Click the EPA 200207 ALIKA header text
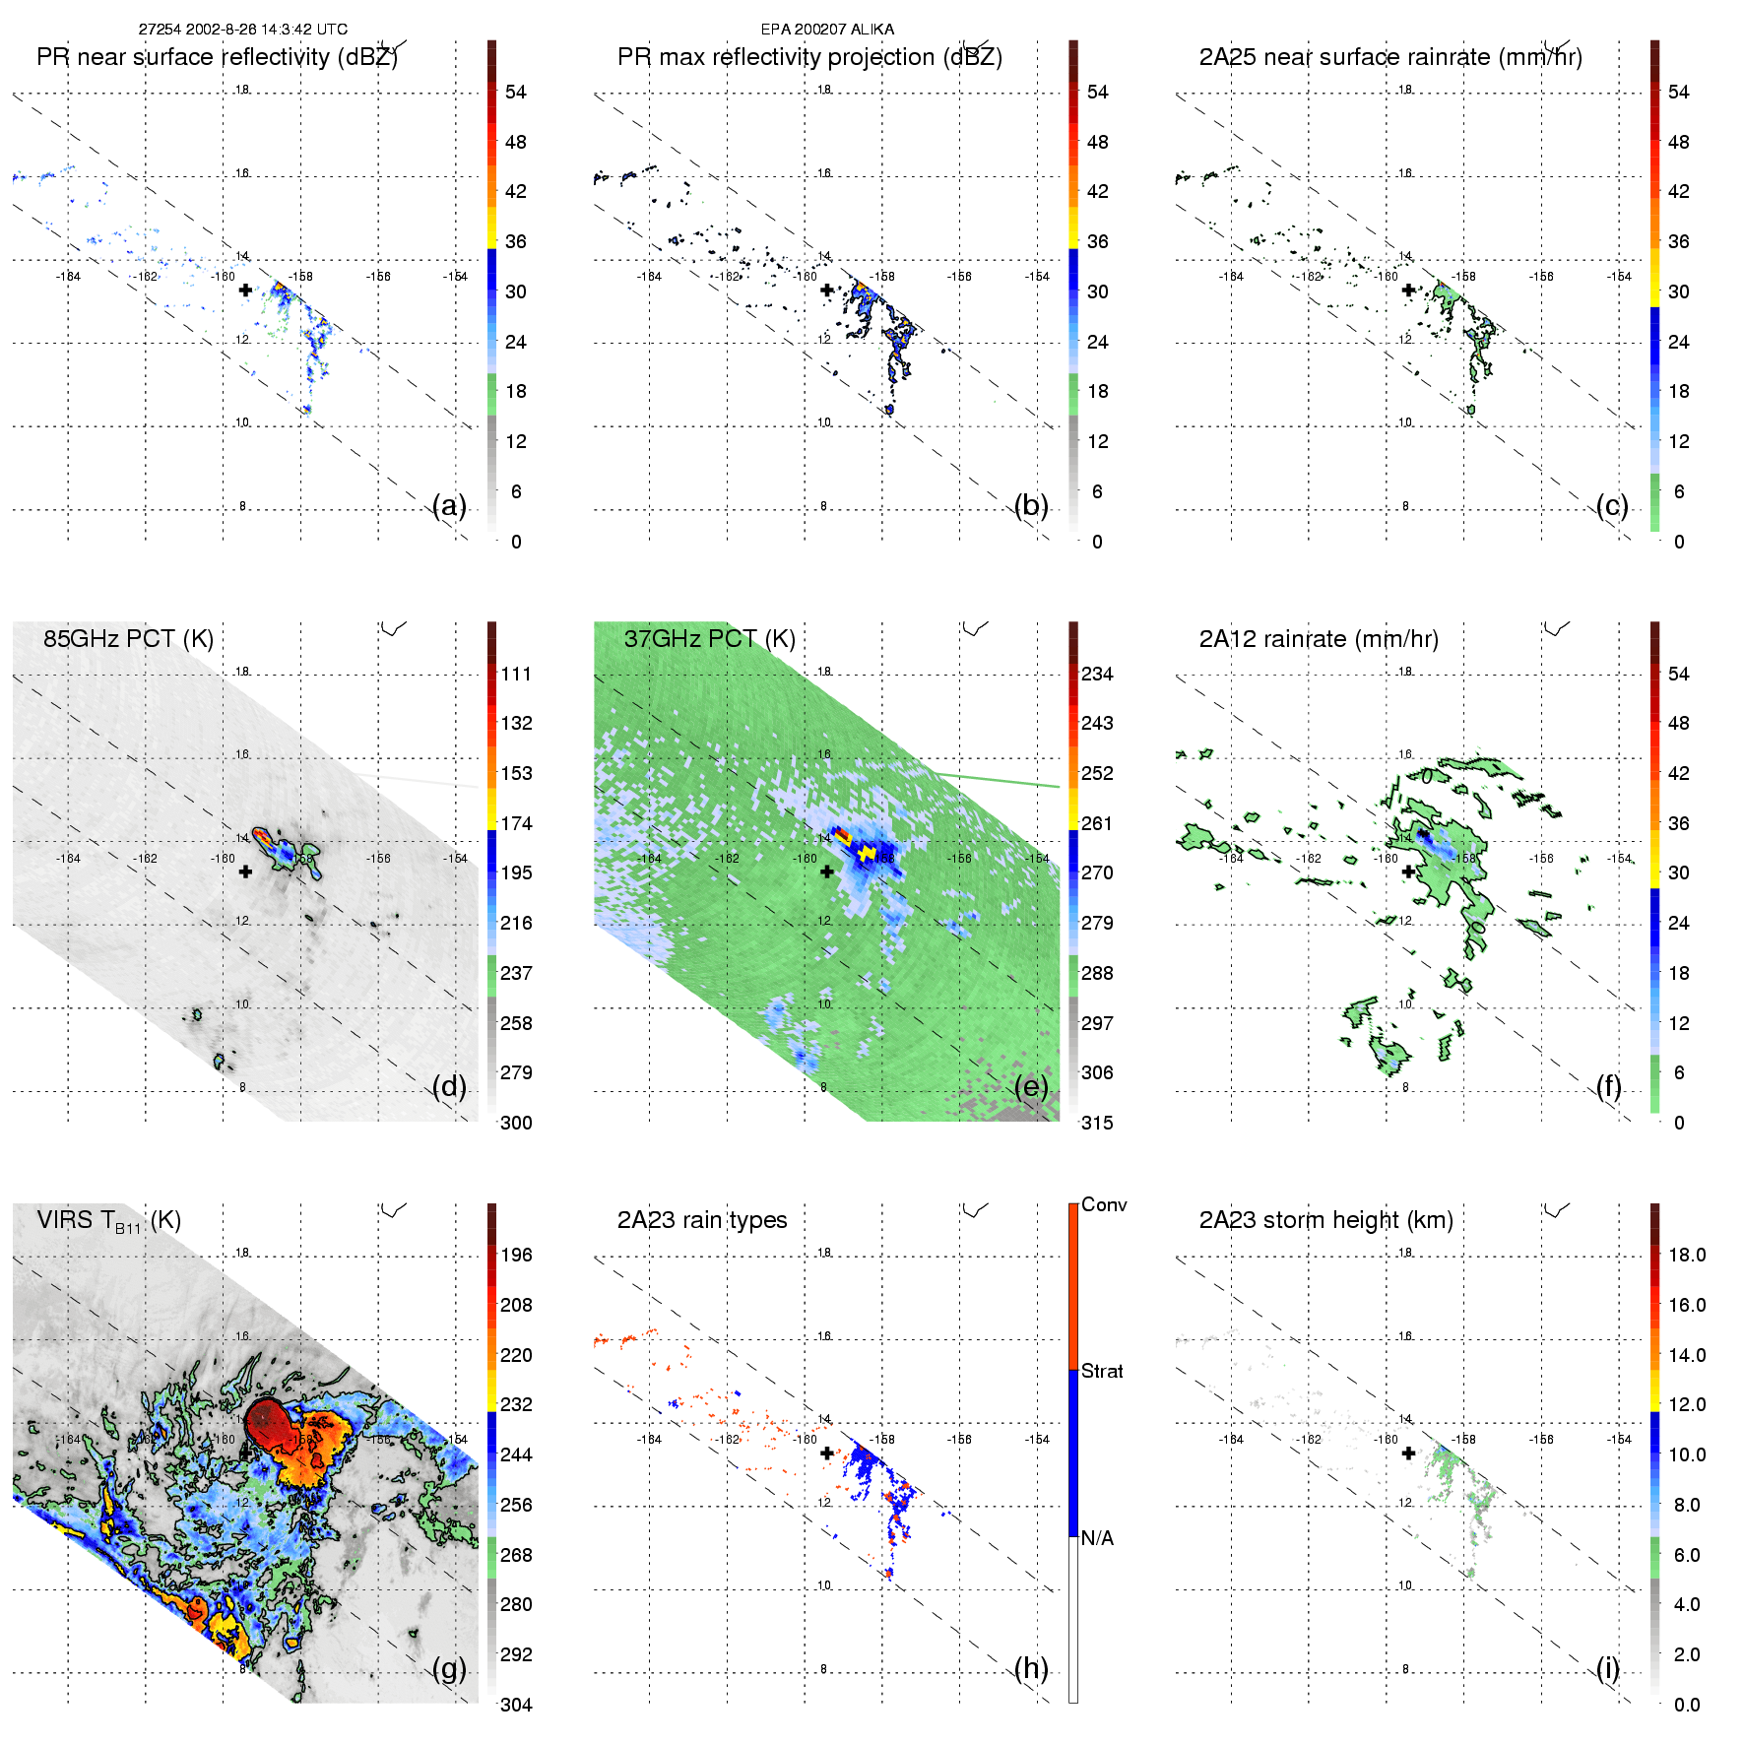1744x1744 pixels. click(827, 30)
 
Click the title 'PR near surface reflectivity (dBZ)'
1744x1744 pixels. click(217, 57)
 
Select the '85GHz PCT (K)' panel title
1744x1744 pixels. click(128, 639)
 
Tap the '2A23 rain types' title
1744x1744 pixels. click(702, 1220)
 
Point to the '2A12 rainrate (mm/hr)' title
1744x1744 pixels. click(1319, 639)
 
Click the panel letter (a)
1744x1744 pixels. click(449, 506)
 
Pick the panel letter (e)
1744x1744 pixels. click(1031, 1087)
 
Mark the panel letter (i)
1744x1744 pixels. click(1607, 1668)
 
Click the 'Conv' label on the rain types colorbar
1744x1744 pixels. click(1104, 1205)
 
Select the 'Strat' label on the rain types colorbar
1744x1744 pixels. click(1102, 1372)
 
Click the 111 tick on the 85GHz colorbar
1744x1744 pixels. click(516, 675)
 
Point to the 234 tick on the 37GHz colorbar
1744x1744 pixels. click(1097, 675)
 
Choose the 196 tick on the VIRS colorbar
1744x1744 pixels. click(516, 1256)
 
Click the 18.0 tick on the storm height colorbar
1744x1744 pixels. click(1687, 1256)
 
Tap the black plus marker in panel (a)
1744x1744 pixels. click(245, 291)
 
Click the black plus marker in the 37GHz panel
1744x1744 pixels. click(827, 872)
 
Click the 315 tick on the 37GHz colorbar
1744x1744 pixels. click(1097, 1124)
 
